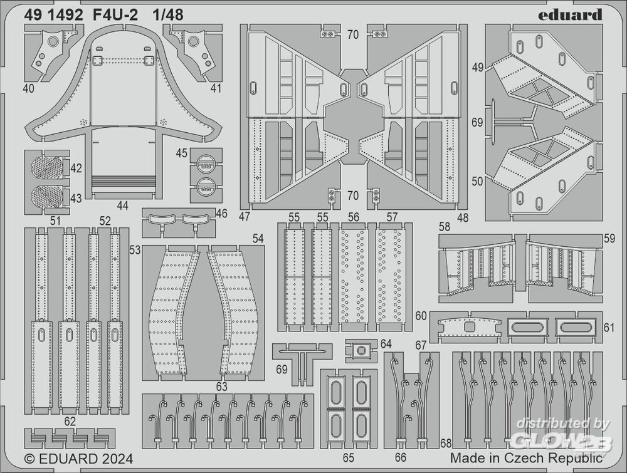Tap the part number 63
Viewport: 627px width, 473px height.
point(221,387)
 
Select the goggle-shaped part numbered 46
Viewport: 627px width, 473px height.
point(178,221)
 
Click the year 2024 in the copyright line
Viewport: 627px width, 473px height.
point(115,459)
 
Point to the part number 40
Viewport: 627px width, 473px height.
point(28,88)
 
